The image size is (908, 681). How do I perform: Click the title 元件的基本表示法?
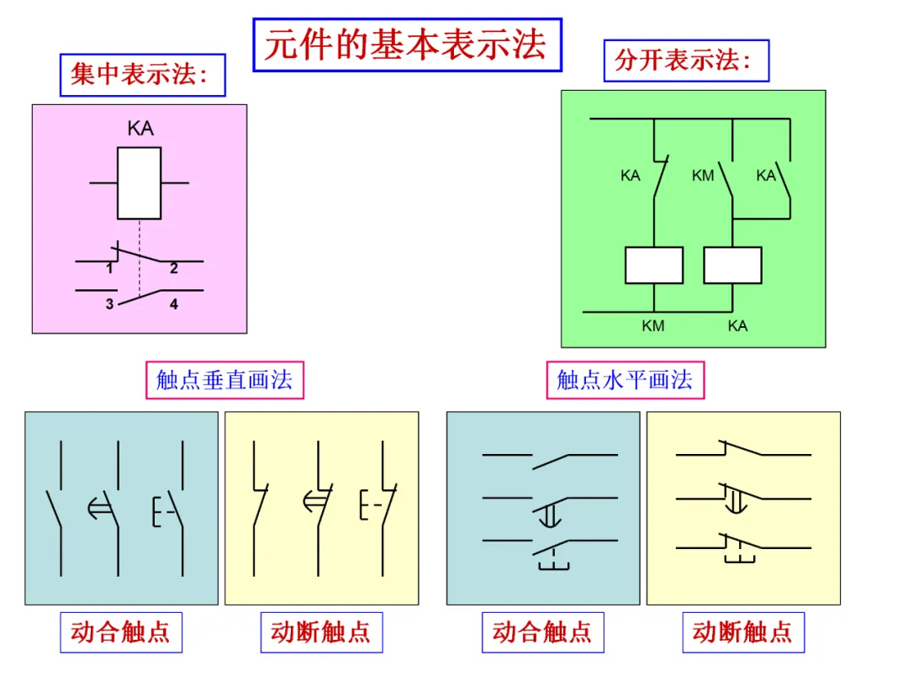[x=407, y=45]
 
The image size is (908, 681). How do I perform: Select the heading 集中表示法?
[x=140, y=75]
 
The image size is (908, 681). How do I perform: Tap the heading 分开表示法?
[x=684, y=61]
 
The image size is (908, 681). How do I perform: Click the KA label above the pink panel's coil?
[x=140, y=128]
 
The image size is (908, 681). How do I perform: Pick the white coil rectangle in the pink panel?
[x=139, y=183]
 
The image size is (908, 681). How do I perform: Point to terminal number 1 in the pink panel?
[x=109, y=268]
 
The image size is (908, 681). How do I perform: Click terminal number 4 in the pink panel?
[x=174, y=304]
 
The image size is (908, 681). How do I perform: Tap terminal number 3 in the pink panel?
[x=109, y=304]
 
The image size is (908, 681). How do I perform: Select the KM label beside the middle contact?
[x=703, y=176]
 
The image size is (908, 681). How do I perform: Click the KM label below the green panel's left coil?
[x=653, y=326]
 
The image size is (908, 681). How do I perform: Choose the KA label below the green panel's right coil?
[x=738, y=326]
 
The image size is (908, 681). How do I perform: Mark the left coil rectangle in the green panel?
[x=654, y=265]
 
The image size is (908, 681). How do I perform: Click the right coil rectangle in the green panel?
[x=732, y=265]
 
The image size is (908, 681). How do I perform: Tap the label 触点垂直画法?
[x=224, y=380]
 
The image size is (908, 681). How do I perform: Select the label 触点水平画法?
[x=625, y=380]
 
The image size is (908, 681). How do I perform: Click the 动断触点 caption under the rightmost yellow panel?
[x=743, y=631]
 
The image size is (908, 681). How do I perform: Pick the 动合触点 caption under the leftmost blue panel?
[x=120, y=631]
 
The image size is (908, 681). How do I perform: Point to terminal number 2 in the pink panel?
[x=174, y=268]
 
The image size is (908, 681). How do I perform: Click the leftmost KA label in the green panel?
[x=630, y=176]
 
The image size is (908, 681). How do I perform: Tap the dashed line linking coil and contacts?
[x=140, y=258]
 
